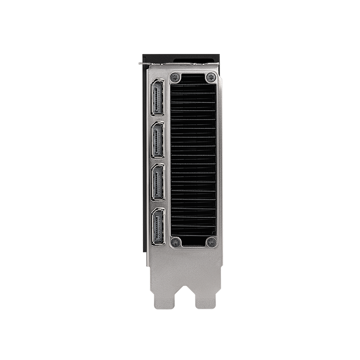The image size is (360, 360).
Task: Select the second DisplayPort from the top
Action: (158, 140)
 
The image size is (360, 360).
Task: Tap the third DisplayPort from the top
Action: (158, 182)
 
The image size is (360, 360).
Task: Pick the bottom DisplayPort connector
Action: (158, 226)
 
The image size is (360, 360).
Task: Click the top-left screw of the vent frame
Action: (176, 77)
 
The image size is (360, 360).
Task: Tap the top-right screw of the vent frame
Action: (210, 77)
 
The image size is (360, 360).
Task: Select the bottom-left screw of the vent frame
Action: (176, 242)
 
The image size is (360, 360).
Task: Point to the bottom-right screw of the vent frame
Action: (210, 242)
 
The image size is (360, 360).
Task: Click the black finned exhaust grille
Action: (193, 160)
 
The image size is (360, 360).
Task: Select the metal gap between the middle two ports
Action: (158, 161)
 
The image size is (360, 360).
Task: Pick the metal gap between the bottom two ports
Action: (158, 204)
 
